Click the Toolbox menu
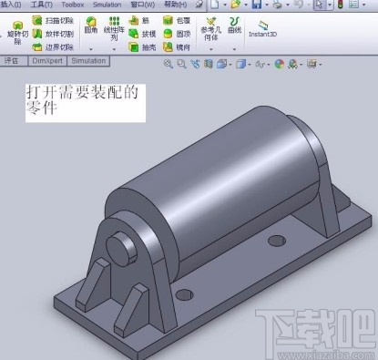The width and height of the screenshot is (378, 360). pos(72,5)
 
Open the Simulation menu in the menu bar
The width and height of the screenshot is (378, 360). pos(107,5)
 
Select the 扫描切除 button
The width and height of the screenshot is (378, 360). pos(53,19)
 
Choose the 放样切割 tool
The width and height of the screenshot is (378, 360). pos(53,33)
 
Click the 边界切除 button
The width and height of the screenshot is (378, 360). pos(53,46)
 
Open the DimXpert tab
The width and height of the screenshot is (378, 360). pos(45,61)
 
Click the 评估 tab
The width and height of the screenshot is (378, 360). pos(12,61)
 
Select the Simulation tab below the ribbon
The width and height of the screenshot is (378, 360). pos(88,61)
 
